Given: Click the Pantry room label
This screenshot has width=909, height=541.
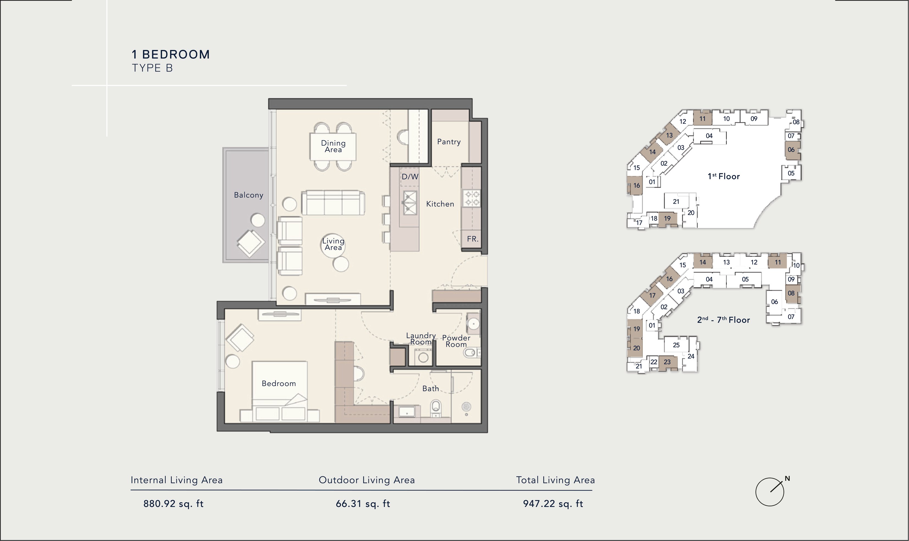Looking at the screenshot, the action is pos(449,142).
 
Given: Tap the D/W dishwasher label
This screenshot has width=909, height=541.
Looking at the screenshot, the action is pos(410,177).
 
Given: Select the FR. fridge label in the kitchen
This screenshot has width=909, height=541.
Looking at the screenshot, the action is pos(473,239).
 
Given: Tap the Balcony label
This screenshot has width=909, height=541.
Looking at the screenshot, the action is pos(249,195).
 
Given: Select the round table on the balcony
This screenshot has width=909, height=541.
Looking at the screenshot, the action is pos(258,221).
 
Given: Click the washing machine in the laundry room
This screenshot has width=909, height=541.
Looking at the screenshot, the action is pos(423,357).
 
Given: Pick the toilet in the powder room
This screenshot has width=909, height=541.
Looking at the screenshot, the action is pos(470,353).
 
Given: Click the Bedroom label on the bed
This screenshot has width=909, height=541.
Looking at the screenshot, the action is pos(279,384).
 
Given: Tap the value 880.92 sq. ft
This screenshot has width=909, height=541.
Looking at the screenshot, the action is pos(173,504).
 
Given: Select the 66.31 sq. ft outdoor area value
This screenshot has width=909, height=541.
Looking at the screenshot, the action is pos(363,504).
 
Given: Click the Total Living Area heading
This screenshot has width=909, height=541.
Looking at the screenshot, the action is pos(555,480).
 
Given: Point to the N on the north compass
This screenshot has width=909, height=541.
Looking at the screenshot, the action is pos(787,478).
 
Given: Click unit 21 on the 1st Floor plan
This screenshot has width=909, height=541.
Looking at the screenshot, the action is pos(676,202).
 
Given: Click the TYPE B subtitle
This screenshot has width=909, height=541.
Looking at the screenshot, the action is pos(152,68).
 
